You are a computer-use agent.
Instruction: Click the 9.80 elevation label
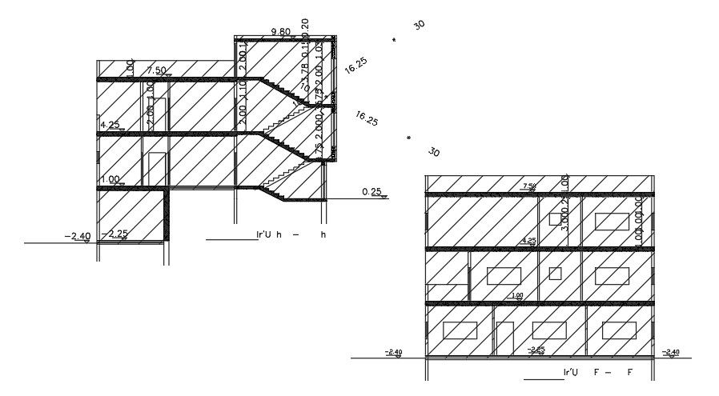pos(281,32)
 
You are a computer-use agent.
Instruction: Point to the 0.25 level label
pos(371,192)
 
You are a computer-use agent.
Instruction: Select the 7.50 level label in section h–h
pos(156,71)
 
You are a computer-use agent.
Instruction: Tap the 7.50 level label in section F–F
pos(529,186)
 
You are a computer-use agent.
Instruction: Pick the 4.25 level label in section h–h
pos(110,126)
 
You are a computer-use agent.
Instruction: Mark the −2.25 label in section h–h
pos(118,234)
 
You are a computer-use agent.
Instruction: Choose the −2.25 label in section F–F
pos(536,349)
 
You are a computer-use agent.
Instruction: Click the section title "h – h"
pos(291,235)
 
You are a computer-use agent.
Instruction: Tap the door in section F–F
pos(504,338)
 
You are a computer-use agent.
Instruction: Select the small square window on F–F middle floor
pos(556,274)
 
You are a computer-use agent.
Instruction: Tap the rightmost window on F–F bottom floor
pos(619,330)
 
